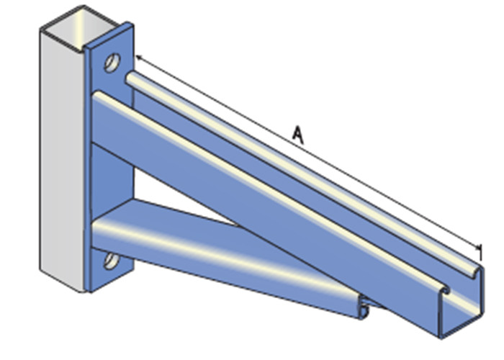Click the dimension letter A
(x=298, y=133)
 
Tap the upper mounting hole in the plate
(x=112, y=63)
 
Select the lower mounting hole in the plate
(x=111, y=259)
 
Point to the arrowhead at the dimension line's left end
(x=136, y=56)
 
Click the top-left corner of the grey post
(x=42, y=29)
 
